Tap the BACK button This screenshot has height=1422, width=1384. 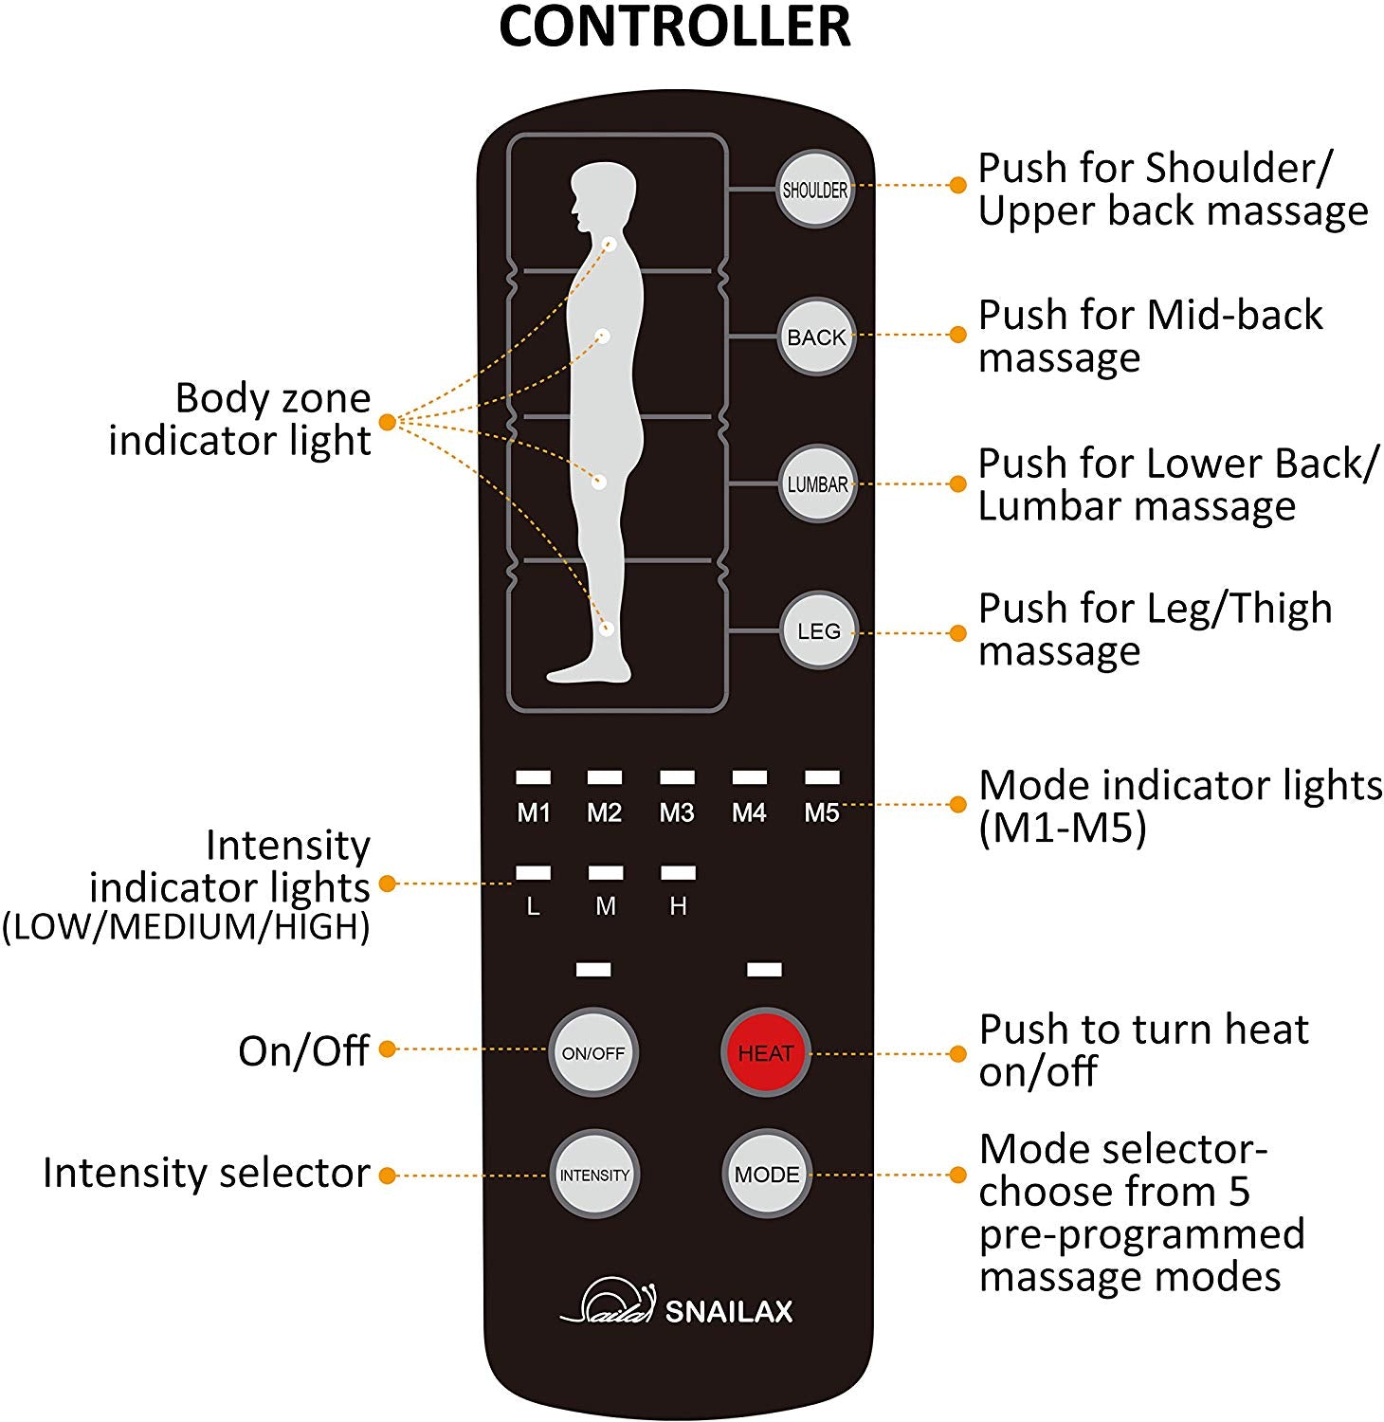(x=816, y=337)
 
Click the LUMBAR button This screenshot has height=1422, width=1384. (x=816, y=484)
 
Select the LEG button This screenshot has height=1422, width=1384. (x=818, y=630)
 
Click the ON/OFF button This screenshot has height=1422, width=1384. (x=593, y=1052)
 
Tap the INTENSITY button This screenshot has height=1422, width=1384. (x=594, y=1175)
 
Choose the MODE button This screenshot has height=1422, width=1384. (x=766, y=1175)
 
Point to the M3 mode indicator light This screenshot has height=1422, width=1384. (x=677, y=777)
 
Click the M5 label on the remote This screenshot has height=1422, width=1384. (x=822, y=812)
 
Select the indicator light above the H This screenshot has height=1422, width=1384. (x=678, y=872)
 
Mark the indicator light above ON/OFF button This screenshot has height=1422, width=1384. (x=593, y=969)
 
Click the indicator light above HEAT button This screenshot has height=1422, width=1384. (x=764, y=969)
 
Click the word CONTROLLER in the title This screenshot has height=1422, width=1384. (x=674, y=27)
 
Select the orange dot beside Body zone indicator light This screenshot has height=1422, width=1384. (x=387, y=422)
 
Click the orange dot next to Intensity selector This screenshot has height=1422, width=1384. (x=387, y=1176)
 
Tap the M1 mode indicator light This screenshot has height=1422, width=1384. (x=533, y=777)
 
